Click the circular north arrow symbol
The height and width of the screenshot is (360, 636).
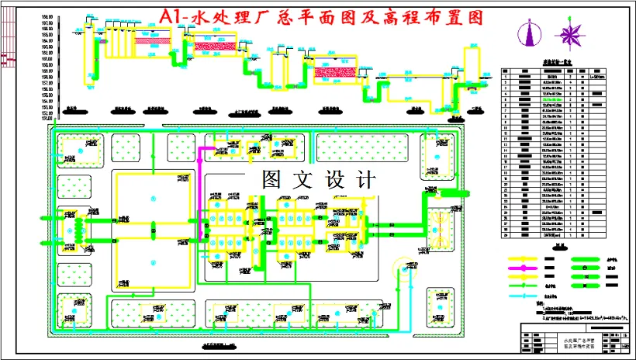pos(531,35)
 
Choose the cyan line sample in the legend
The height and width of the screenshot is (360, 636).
pos(528,295)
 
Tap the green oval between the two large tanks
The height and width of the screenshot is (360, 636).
pos(154,227)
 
